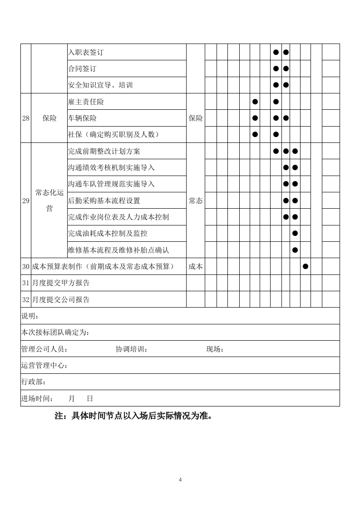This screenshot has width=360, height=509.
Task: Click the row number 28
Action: click(26, 118)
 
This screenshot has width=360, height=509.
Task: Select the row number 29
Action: click(26, 201)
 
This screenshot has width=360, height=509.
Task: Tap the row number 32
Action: click(26, 299)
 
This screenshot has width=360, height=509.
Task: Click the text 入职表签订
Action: click(85, 52)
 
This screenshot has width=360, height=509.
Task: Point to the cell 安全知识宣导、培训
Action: click(100, 85)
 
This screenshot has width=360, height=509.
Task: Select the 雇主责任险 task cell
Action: click(85, 102)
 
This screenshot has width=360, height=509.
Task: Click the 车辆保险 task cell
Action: click(82, 118)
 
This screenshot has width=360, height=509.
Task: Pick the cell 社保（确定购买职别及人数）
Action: click(113, 135)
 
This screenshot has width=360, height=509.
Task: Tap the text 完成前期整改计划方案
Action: click(104, 151)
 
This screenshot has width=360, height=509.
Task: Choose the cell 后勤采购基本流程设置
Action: click(104, 201)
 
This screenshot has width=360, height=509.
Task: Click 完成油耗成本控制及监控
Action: click(108, 233)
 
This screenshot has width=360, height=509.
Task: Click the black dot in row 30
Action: click(306, 266)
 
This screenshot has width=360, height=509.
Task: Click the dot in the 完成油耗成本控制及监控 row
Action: click(295, 233)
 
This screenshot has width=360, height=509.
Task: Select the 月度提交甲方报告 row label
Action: click(60, 283)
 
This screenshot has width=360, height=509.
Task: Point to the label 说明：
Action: click(30, 316)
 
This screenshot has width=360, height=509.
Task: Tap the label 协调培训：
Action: click(132, 349)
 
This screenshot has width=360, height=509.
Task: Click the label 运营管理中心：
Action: click(44, 365)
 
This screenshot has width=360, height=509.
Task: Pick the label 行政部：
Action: click(34, 382)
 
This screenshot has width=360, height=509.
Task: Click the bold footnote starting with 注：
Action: click(133, 416)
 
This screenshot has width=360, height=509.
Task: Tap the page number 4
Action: click(180, 480)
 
